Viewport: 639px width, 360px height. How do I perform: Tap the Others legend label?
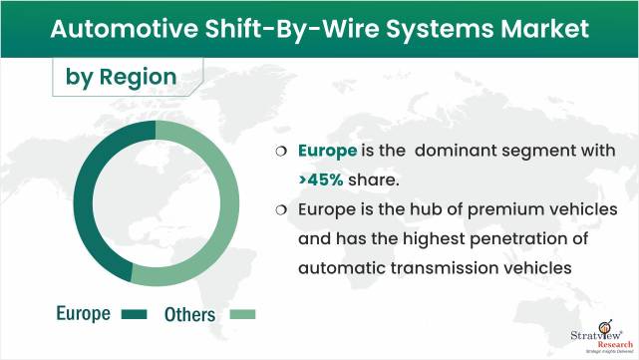(x=188, y=314)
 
